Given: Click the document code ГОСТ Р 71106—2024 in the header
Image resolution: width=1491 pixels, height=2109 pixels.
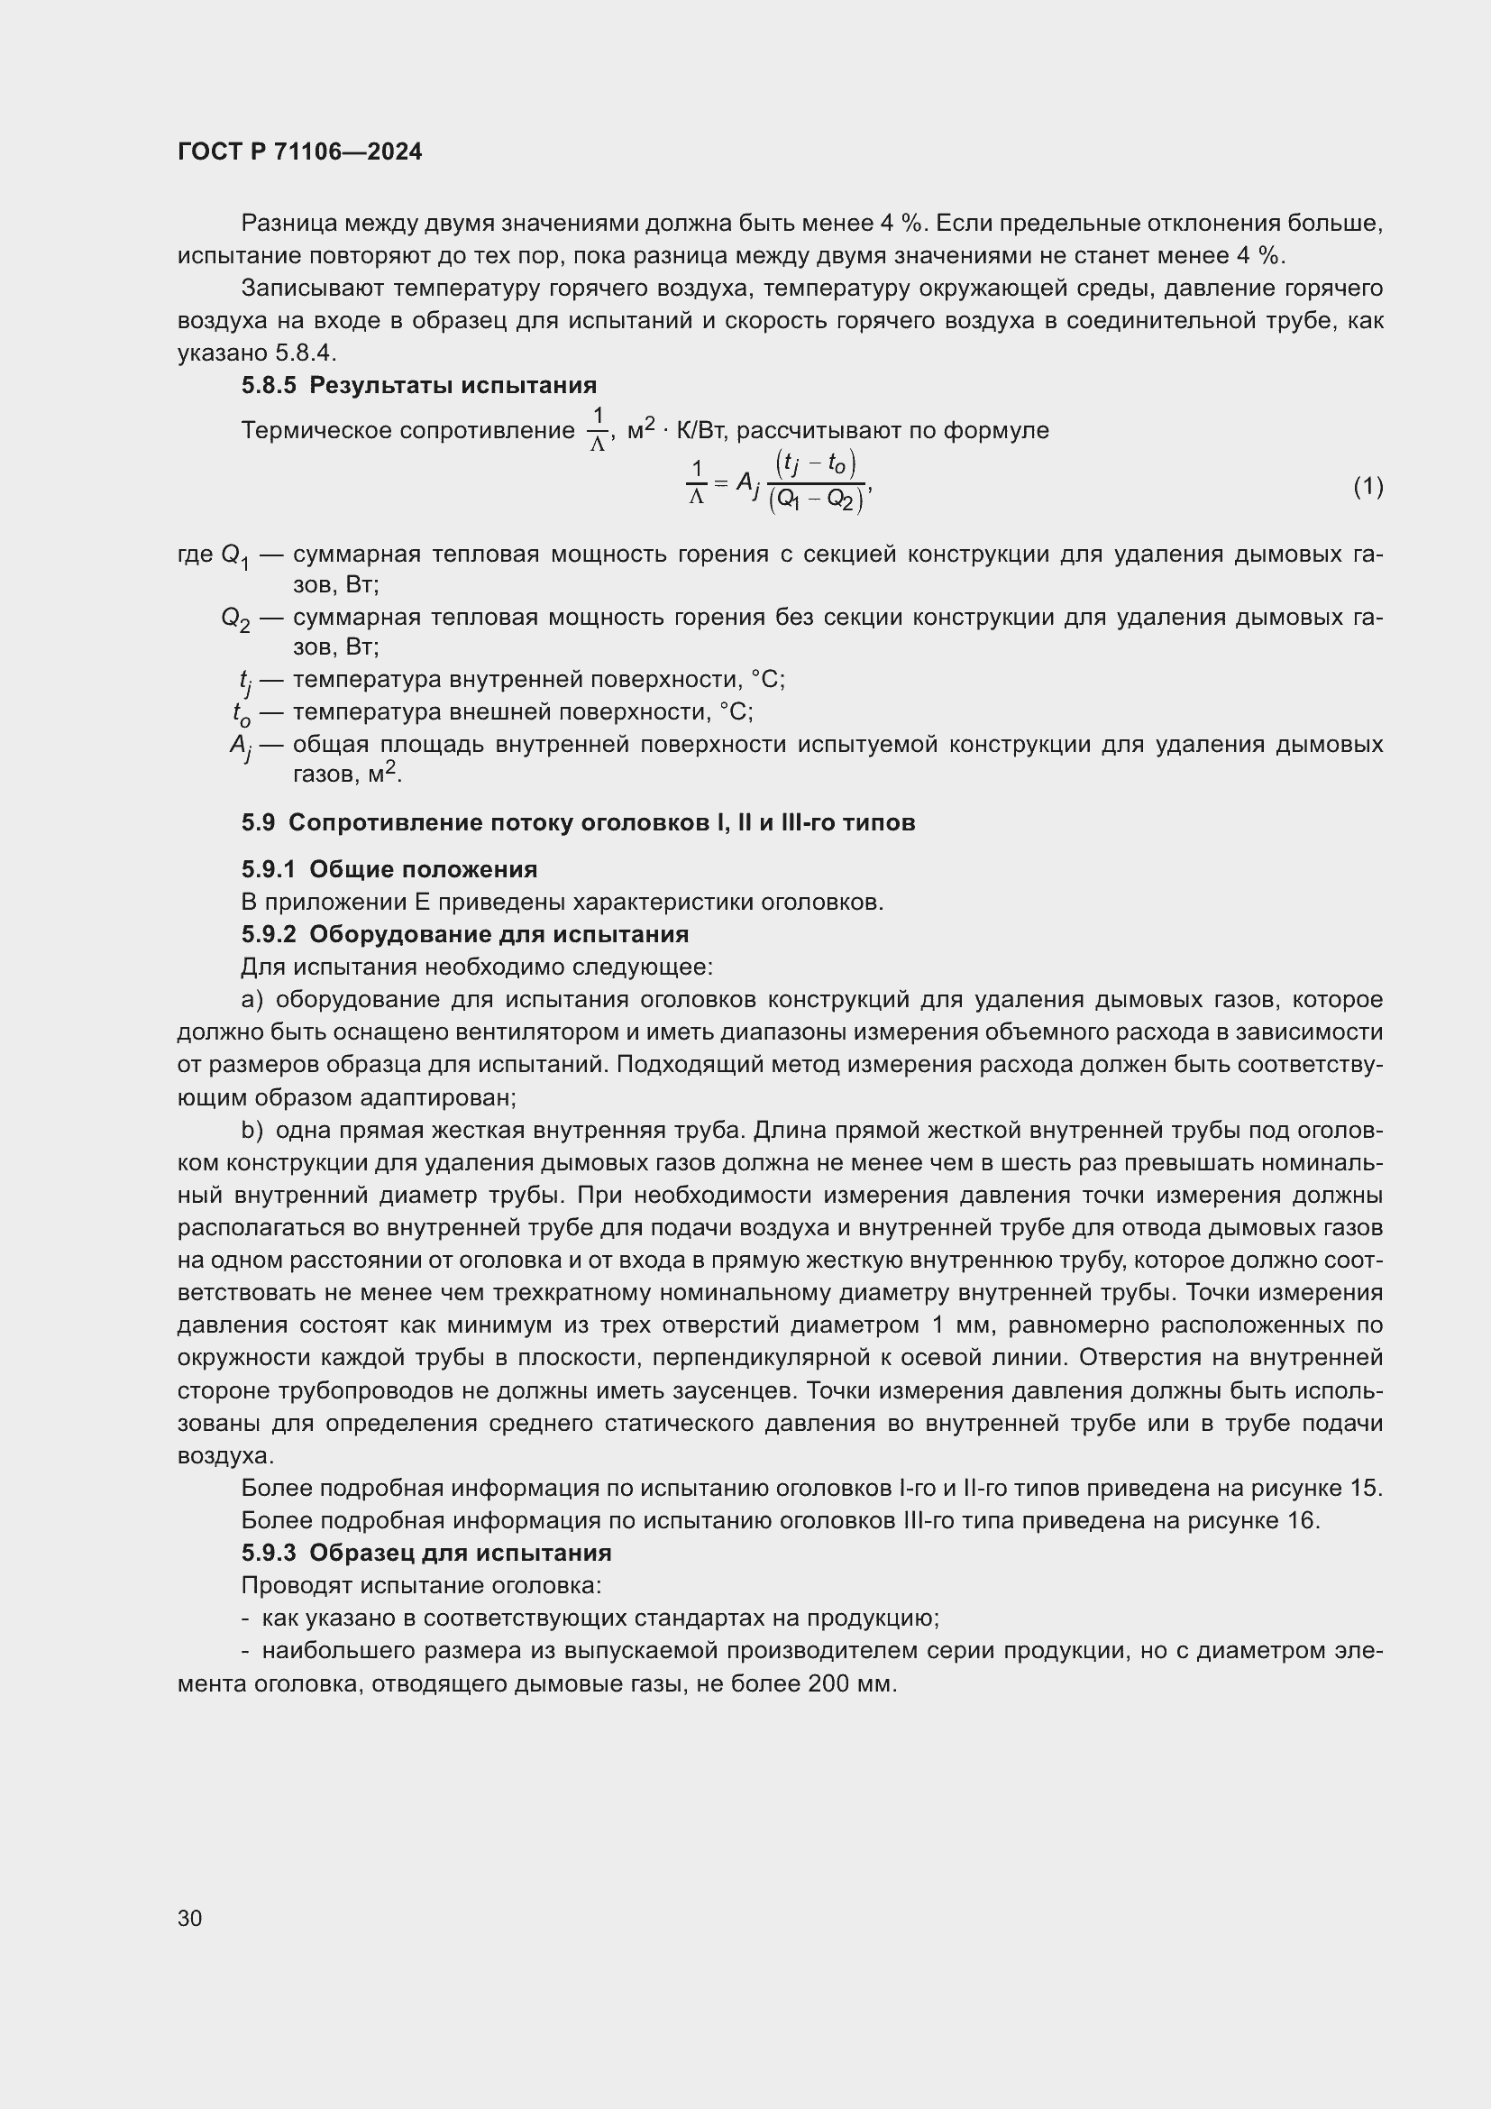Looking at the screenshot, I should (x=299, y=151).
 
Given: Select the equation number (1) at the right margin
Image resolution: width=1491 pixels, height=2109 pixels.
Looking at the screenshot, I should (x=1368, y=486).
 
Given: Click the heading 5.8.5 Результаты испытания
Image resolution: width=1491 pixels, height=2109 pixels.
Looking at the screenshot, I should (x=418, y=385).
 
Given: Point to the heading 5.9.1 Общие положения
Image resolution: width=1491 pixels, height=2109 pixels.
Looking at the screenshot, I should (x=389, y=869).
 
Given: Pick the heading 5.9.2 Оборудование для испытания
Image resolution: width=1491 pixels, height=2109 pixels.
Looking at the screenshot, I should (x=464, y=934).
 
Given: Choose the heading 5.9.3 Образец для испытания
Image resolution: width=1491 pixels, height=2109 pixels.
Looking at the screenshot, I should (x=426, y=1553).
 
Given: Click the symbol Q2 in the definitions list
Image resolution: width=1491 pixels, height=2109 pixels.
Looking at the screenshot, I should (x=235, y=619).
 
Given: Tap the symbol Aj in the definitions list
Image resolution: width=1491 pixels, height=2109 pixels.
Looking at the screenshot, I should (x=241, y=746).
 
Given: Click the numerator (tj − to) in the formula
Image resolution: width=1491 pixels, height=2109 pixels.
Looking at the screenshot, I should (x=815, y=462).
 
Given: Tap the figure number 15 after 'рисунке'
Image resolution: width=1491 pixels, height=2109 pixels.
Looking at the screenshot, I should (x=1364, y=1488).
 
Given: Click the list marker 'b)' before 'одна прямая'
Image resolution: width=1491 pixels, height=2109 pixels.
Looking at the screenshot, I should (x=252, y=1130).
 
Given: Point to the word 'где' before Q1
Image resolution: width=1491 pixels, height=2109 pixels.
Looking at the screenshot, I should (x=196, y=554).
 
